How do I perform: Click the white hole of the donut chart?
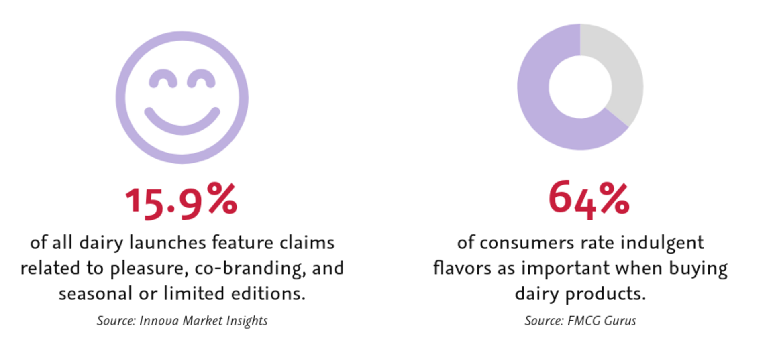[x=580, y=87]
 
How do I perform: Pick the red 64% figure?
[x=589, y=199]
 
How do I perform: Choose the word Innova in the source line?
[x=159, y=321]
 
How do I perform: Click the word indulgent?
[x=662, y=243]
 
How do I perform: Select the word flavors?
[x=462, y=268]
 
